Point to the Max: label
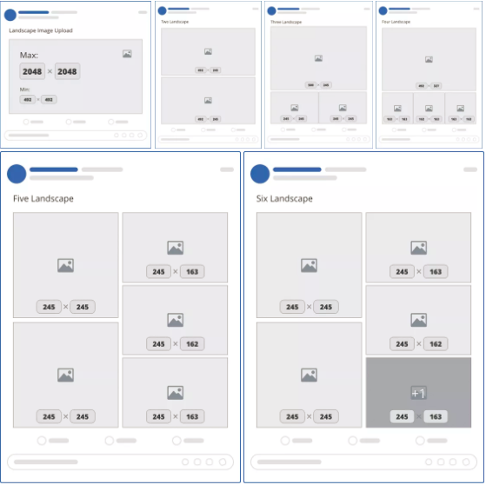click(29, 54)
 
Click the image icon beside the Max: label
click(127, 54)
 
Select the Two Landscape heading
click(176, 23)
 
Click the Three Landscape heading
click(287, 23)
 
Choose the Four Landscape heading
click(397, 23)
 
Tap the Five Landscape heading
click(43, 199)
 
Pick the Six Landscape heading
click(285, 199)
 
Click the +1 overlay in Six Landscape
click(418, 393)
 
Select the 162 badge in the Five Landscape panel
click(191, 344)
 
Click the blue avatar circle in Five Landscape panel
click(17, 174)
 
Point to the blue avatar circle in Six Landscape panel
click(260, 174)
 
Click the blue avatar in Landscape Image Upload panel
click(10, 15)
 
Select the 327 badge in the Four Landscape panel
click(436, 86)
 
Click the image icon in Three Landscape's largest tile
click(318, 58)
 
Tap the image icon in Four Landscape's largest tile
click(429, 59)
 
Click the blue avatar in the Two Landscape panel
click(162, 11)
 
